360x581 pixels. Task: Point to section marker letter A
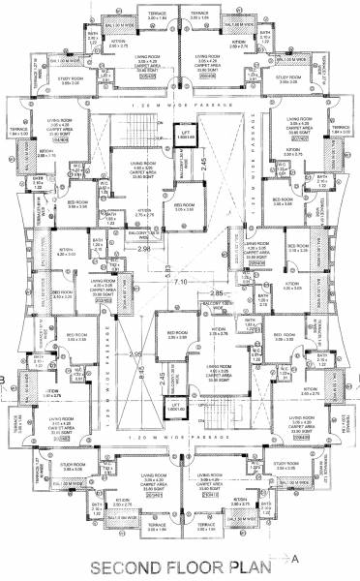(293, 558)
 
